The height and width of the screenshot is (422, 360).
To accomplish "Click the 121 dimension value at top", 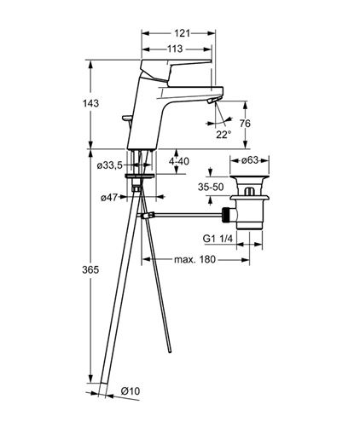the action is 182,33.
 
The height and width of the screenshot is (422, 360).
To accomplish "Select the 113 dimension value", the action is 175,49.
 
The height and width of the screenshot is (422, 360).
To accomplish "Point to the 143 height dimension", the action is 91,103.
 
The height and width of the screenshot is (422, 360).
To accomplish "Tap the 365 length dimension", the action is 90,269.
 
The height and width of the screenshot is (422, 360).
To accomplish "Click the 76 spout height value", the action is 245,124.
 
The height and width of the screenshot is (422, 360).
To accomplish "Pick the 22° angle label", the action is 224,135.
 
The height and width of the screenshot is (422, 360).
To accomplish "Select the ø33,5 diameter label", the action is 109,165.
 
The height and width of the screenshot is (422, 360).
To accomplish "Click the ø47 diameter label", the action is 109,197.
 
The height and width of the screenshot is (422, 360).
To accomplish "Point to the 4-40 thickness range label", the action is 179,161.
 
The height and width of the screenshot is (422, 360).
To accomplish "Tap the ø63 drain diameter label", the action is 250,160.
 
